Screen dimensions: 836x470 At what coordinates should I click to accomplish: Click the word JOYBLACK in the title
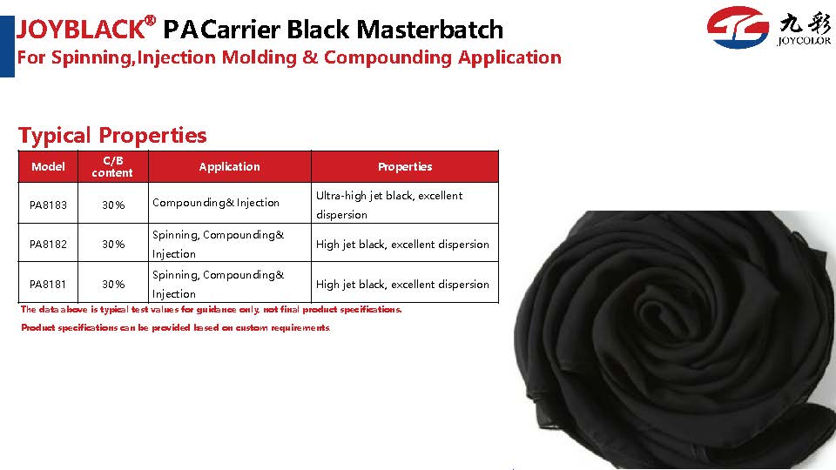81,30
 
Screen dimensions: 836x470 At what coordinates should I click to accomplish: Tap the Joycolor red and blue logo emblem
738,27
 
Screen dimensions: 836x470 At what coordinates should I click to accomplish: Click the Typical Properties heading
112,136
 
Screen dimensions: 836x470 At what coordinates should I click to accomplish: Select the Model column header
48,167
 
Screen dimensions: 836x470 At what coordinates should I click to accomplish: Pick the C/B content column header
112,167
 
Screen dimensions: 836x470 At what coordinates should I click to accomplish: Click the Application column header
229,167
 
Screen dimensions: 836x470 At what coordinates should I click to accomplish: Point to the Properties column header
405,167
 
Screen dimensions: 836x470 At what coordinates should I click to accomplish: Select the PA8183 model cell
48,205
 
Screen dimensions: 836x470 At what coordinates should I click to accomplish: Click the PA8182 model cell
48,244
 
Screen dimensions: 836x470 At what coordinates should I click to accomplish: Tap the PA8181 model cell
48,284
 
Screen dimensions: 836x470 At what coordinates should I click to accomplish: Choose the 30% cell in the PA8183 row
113,205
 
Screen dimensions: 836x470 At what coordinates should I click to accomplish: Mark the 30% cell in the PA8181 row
113,284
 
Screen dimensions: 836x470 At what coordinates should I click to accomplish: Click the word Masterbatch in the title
429,30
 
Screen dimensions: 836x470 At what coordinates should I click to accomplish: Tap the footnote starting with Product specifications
175,327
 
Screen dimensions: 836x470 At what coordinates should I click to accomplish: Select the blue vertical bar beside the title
7,46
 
